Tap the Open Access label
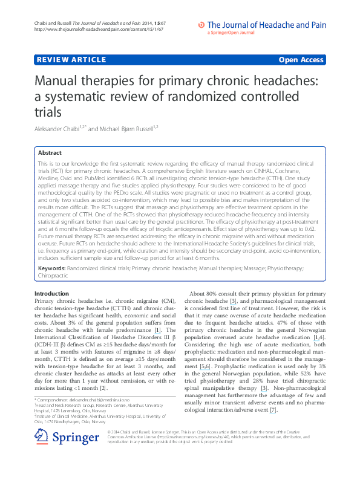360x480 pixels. click(x=302, y=60)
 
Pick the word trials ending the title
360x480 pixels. click(x=50, y=111)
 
